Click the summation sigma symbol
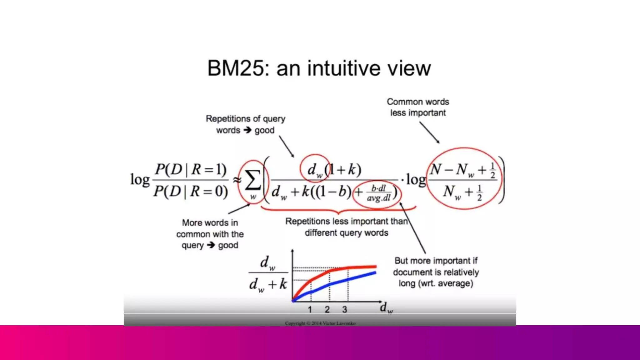point(252,181)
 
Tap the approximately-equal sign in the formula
point(237,180)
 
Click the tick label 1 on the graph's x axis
point(310,310)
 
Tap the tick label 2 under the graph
point(327,310)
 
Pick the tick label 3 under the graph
point(344,310)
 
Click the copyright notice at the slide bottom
point(320,323)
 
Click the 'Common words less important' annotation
point(418,107)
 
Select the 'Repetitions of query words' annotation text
point(245,124)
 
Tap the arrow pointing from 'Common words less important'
point(429,132)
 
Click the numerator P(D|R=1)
point(191,169)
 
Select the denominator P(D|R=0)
point(191,191)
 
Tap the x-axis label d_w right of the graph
point(386,308)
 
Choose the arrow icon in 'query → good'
point(211,245)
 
